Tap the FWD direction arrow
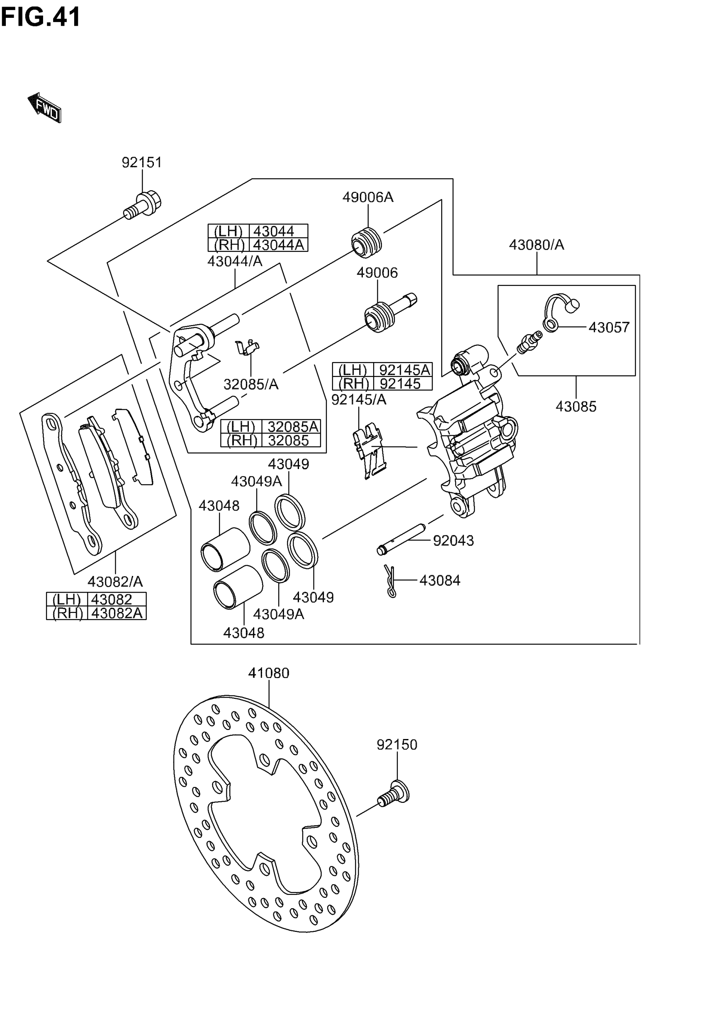click(x=45, y=107)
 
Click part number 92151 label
click(x=142, y=163)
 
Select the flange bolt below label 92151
click(x=143, y=205)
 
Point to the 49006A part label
click(x=367, y=197)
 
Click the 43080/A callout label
click(x=536, y=245)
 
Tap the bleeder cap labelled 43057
click(x=561, y=312)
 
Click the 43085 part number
click(x=576, y=406)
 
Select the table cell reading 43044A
click(x=278, y=245)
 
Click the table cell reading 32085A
click(x=292, y=427)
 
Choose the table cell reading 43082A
click(x=117, y=613)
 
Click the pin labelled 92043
click(x=400, y=539)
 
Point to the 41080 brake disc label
click(x=269, y=673)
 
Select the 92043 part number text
click(x=453, y=540)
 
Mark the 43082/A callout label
click(x=115, y=581)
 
